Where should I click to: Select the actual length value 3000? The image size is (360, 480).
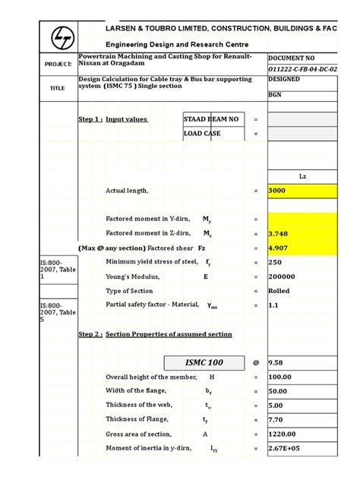pos(277,191)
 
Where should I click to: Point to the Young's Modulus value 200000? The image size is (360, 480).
pos(281,277)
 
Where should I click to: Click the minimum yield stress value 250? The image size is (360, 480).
pos(274,263)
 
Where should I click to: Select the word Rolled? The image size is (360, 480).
pos(279,291)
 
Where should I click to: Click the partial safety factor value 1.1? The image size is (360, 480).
pos(273,305)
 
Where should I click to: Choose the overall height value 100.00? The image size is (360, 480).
pos(280,377)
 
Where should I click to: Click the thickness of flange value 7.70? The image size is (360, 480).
pos(276,420)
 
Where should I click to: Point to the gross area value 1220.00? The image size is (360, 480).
pos(281,434)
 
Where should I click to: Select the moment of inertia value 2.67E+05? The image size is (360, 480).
pos(284,449)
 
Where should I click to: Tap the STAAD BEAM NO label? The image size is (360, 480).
pos(211,119)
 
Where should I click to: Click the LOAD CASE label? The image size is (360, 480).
pos(204,134)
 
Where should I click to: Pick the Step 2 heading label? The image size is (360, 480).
pos(90,334)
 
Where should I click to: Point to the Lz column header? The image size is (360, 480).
pos(302,176)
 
